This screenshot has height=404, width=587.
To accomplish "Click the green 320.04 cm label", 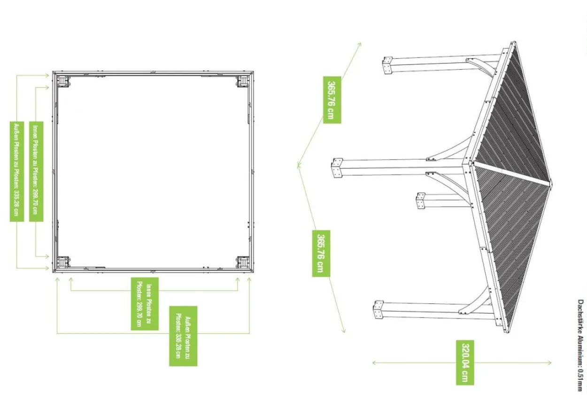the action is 465,363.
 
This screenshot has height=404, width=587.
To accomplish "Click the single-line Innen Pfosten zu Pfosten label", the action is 36,171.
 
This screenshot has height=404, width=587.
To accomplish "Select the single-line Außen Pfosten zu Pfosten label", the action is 17,171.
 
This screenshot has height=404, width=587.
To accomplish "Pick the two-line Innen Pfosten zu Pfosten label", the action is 145,304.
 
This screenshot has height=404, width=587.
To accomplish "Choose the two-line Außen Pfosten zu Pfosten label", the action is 183,336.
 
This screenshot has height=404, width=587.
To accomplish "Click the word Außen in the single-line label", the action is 16,130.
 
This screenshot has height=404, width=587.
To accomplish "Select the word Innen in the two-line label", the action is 149,291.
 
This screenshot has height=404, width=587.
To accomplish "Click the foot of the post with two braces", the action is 337,168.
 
